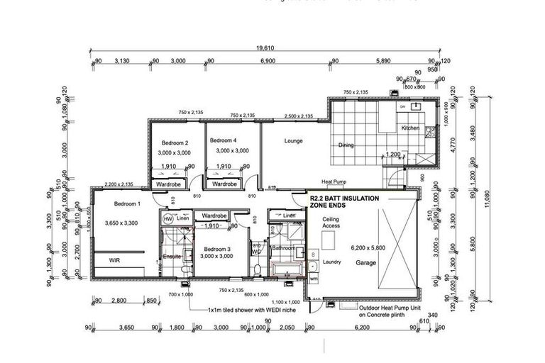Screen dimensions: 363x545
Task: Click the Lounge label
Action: [x=293, y=140]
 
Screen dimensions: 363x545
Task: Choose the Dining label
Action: [x=346, y=145]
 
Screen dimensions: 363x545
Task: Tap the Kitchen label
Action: [x=411, y=128]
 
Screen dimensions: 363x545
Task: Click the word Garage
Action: [x=367, y=262]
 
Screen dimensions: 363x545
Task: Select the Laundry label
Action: [x=332, y=262]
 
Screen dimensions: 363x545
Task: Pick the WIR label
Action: [x=115, y=260]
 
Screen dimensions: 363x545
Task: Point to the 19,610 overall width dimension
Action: [x=264, y=48]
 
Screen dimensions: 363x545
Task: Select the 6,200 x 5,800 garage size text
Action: [x=368, y=248]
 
